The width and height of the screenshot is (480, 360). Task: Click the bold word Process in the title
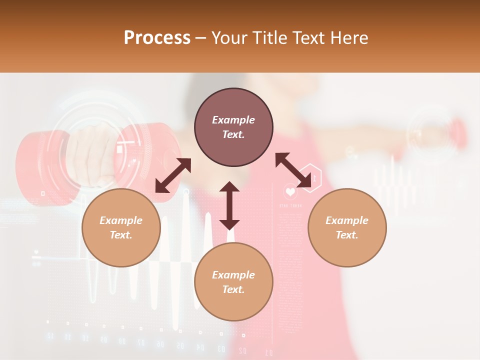[x=157, y=37]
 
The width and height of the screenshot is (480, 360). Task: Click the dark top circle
[x=233, y=127]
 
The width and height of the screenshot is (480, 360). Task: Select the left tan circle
[x=121, y=227]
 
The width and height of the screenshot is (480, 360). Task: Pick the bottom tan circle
[x=233, y=282]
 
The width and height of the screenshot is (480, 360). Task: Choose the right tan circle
[x=347, y=227]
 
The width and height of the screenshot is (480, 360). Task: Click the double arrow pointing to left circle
[x=173, y=175]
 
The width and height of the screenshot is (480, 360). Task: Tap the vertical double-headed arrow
[x=229, y=205]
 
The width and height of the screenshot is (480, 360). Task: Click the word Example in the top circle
[x=233, y=120]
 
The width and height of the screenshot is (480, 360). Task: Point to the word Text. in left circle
[x=121, y=235]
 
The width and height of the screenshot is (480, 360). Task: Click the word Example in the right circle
[x=347, y=220]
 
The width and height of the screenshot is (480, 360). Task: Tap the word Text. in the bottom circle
[x=233, y=289]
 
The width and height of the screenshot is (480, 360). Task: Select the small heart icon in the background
[x=290, y=191]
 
